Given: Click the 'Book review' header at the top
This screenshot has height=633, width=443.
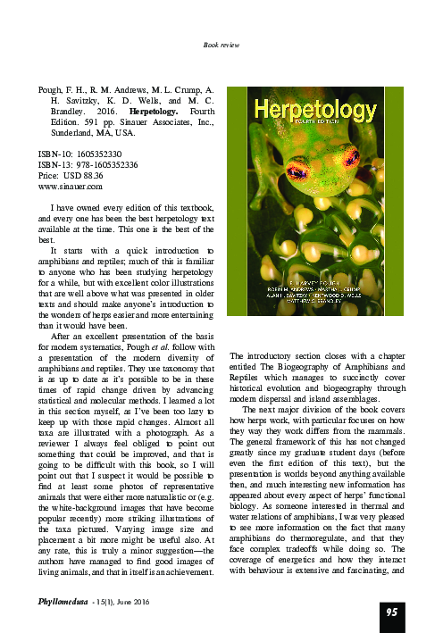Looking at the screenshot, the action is pos(221,45).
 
